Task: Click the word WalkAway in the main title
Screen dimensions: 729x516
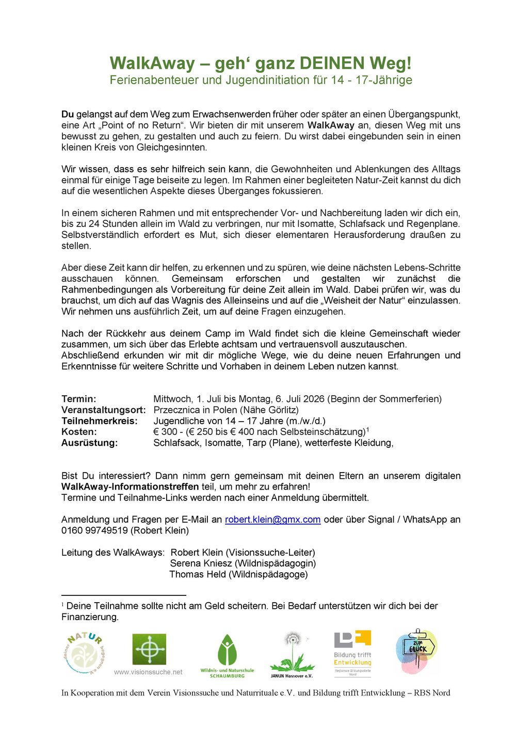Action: point(152,63)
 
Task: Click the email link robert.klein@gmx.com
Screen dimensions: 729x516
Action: point(272,520)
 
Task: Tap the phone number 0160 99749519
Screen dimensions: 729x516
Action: point(95,530)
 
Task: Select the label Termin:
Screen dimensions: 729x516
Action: point(78,399)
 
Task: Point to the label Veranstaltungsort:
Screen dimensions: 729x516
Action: point(103,410)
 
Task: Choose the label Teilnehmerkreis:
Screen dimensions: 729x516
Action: point(99,421)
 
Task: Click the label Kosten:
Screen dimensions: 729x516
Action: point(79,432)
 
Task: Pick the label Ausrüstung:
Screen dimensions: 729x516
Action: point(89,443)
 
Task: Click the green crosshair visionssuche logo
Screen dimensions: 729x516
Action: point(149,649)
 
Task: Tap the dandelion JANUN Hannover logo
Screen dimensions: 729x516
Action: point(292,653)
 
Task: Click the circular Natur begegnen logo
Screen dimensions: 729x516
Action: point(84,653)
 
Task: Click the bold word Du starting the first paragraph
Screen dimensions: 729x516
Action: point(68,114)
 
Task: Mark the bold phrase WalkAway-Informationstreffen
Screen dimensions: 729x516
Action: point(130,487)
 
